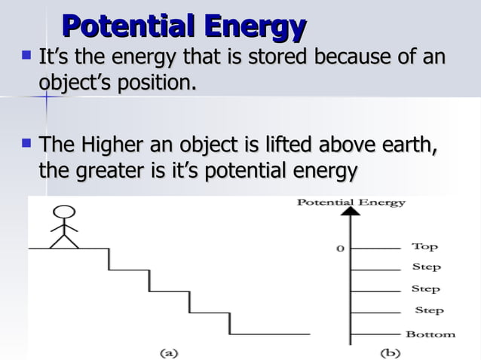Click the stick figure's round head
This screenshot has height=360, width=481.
(x=65, y=212)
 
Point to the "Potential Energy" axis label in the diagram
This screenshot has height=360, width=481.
(x=351, y=202)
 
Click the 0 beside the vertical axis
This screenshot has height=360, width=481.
(x=340, y=248)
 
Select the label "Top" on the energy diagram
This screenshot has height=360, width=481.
(x=424, y=246)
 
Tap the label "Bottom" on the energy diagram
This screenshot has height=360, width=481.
(x=430, y=334)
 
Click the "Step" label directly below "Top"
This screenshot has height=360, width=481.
(x=426, y=267)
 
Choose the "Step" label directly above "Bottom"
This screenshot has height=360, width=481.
(x=429, y=310)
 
